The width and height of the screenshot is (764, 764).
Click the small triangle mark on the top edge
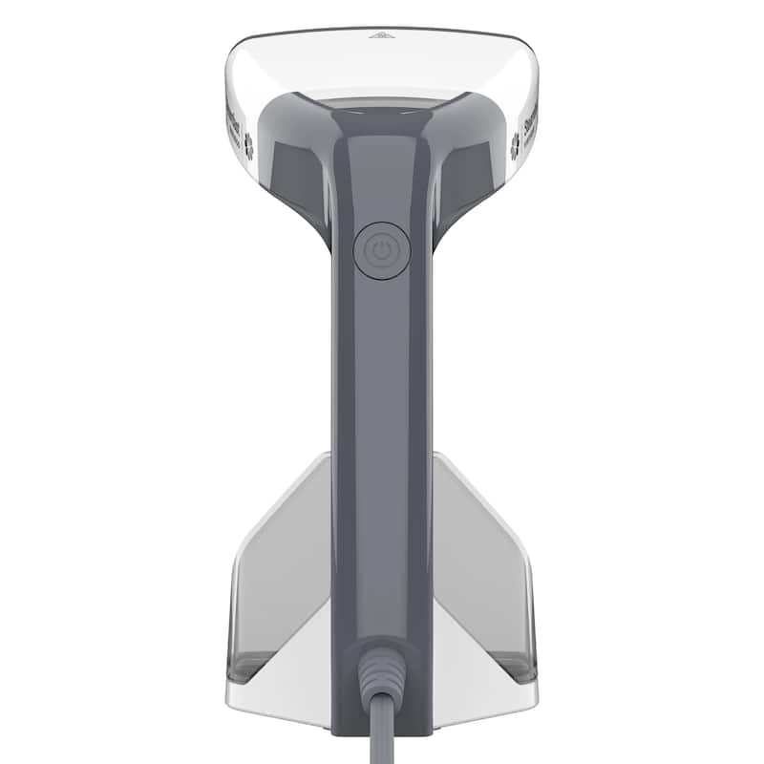point(381,35)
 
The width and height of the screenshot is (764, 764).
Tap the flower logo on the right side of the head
point(516,144)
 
